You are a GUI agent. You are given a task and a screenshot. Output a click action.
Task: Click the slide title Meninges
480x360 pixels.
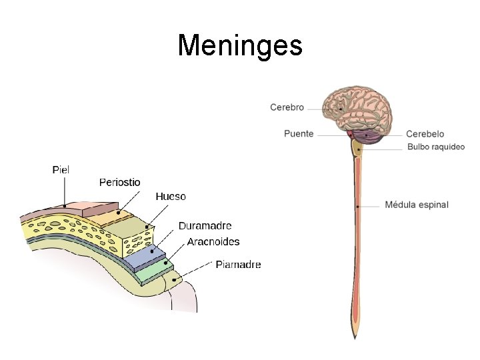240,46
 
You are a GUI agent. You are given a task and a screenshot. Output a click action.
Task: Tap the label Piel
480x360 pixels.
61,170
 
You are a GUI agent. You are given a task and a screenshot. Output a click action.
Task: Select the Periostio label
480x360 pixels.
120,182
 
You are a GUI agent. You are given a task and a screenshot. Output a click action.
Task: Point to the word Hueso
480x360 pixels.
171,196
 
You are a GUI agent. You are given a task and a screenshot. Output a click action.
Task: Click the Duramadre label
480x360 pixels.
205,226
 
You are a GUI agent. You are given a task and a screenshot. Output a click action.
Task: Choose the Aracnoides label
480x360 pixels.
213,241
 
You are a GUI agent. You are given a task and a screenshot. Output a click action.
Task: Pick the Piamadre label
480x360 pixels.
238,265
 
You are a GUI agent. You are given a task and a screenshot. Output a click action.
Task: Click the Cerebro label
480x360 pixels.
287,107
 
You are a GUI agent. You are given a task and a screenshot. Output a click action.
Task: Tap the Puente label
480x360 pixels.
299,133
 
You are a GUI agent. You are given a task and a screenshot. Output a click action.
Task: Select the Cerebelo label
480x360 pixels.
425,134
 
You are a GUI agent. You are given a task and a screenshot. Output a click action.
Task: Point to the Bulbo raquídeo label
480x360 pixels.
435,147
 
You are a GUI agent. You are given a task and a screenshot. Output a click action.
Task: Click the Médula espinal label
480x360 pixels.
417,205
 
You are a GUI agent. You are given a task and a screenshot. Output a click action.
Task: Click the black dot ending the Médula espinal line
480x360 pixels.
358,207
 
